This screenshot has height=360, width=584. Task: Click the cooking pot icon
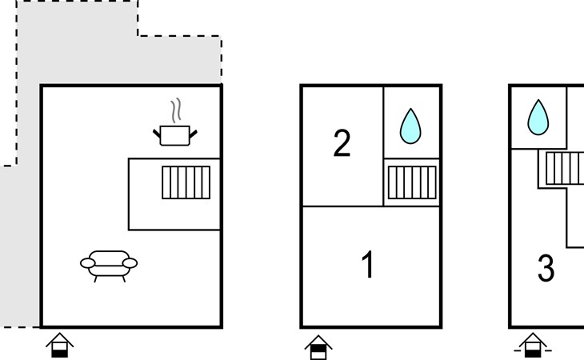tap(175, 134)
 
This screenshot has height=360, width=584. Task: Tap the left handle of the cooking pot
tap(158, 130)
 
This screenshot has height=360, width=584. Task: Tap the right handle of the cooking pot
tap(193, 130)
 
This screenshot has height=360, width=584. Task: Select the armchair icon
tap(109, 264)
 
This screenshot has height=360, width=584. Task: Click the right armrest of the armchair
tap(131, 262)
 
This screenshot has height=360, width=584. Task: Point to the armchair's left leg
tap(97, 278)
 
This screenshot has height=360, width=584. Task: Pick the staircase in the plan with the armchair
tap(186, 182)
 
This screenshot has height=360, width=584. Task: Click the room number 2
tap(342, 144)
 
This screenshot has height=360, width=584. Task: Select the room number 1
tap(368, 265)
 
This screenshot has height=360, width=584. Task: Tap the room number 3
tap(546, 270)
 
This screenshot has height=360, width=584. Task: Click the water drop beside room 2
tap(410, 126)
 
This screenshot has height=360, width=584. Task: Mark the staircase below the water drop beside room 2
tap(412, 182)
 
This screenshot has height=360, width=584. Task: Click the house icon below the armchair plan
tap(60, 346)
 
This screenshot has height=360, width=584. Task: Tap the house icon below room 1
tap(318, 346)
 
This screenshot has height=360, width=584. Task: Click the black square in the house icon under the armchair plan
tap(60, 350)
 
